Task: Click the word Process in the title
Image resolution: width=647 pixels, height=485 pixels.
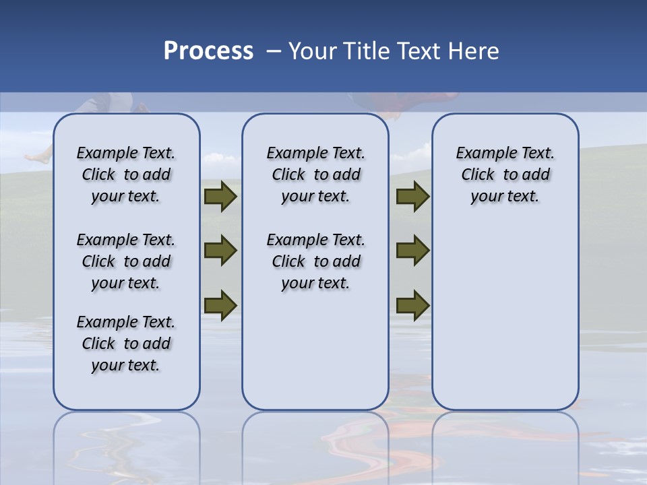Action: tap(208, 51)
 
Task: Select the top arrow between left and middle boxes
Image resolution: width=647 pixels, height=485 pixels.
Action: tap(220, 197)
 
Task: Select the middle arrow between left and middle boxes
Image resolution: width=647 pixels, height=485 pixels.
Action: tap(220, 251)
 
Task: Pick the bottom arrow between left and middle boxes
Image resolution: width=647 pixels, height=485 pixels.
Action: tap(220, 304)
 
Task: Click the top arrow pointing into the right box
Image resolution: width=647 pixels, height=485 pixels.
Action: tap(412, 197)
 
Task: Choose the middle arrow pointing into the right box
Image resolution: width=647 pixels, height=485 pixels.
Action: tap(412, 251)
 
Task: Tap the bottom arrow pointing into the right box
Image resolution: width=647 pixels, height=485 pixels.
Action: tap(412, 304)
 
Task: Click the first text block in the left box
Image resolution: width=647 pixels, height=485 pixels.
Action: tap(126, 174)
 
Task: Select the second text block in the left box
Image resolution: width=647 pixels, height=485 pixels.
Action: tap(126, 261)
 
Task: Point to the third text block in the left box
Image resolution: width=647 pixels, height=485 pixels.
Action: tap(126, 344)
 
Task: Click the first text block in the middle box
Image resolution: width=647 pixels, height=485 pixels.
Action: tap(315, 174)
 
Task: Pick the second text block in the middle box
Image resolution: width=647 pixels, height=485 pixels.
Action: tap(315, 261)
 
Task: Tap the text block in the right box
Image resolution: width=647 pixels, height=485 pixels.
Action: tap(505, 174)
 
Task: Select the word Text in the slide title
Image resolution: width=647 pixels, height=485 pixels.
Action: tap(417, 51)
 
